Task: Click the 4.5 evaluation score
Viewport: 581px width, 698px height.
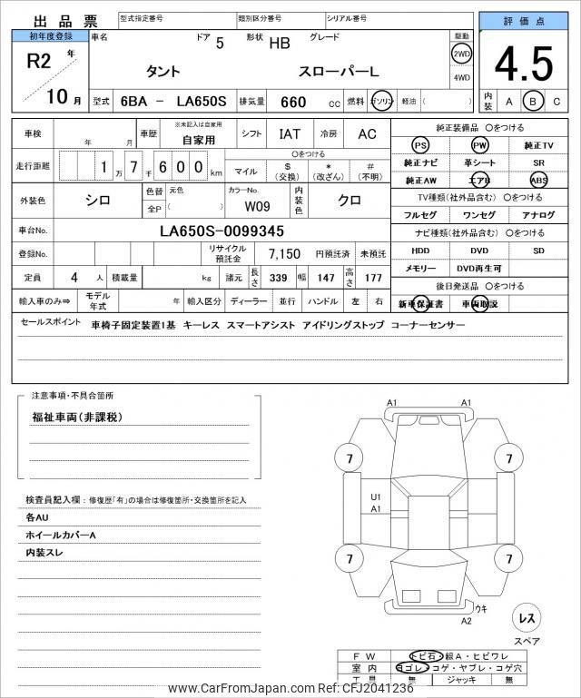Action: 524,64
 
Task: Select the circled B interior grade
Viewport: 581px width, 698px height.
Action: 534,102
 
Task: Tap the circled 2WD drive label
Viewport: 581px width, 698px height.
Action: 461,54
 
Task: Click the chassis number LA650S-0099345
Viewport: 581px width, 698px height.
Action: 222,231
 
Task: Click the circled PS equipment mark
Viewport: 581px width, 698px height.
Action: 419,145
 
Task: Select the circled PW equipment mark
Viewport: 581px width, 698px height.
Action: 479,145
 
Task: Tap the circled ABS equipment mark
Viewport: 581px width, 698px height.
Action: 538,180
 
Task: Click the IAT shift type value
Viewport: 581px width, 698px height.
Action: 290,133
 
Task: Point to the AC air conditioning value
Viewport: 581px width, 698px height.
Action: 367,133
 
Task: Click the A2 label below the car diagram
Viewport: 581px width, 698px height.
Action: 466,621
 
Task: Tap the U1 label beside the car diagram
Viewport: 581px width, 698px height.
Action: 375,496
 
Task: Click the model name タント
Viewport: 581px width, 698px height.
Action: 162,72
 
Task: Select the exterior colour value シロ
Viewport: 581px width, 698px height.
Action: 98,201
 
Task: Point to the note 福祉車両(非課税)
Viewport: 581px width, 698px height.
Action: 77,418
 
